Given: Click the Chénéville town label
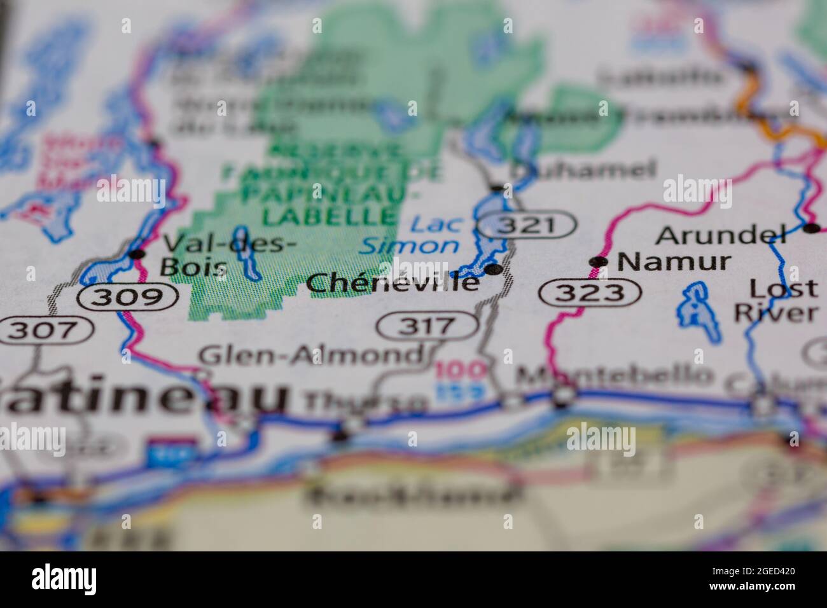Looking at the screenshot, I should (392, 282).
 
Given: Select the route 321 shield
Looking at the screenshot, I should (527, 225).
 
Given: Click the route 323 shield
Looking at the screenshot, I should (589, 293).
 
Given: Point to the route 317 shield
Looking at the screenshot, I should (427, 326).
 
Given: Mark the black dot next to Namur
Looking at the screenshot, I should (597, 261).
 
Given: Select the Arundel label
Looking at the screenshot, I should (720, 235).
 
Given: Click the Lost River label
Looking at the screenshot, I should (775, 300).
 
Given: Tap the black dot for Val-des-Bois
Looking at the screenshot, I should (136, 254).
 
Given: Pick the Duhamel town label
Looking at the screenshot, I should (583, 170).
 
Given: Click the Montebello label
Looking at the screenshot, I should (613, 377).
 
